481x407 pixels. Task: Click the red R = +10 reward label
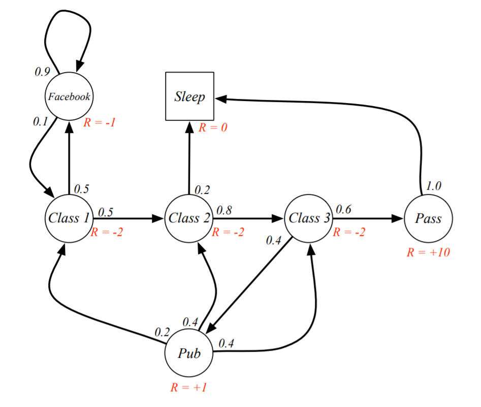[x=428, y=252]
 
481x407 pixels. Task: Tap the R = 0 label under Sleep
[x=213, y=127]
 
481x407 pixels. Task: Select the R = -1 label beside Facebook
[x=100, y=122]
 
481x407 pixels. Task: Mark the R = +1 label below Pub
[x=188, y=387]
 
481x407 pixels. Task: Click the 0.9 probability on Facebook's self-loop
[x=42, y=72]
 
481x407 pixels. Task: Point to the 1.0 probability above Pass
[x=434, y=186]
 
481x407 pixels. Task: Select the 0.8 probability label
[x=224, y=210]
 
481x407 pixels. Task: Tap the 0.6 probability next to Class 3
[x=343, y=209]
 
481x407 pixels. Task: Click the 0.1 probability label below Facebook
[x=41, y=122]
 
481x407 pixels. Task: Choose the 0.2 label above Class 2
[x=202, y=190]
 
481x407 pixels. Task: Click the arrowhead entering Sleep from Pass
[x=221, y=98]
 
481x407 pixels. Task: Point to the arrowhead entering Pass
[x=397, y=218]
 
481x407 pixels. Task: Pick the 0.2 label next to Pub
[x=162, y=332]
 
